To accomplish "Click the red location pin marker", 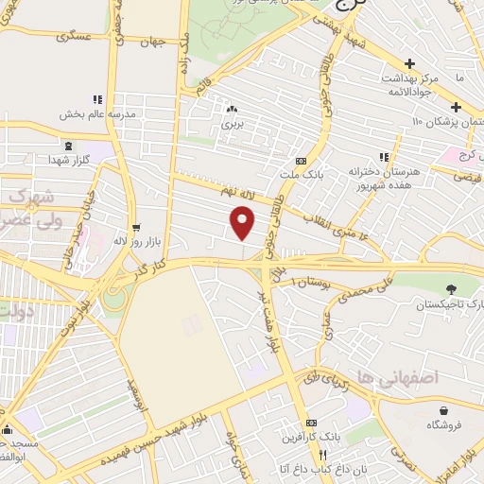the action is click(243, 222).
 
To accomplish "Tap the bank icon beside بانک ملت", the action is click(301, 161).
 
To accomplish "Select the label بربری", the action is click(232, 123).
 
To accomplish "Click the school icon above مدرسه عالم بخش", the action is click(96, 99).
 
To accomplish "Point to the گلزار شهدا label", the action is click(69, 161).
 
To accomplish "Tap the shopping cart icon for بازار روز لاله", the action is click(137, 227).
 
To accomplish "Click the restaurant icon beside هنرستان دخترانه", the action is click(383, 157).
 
